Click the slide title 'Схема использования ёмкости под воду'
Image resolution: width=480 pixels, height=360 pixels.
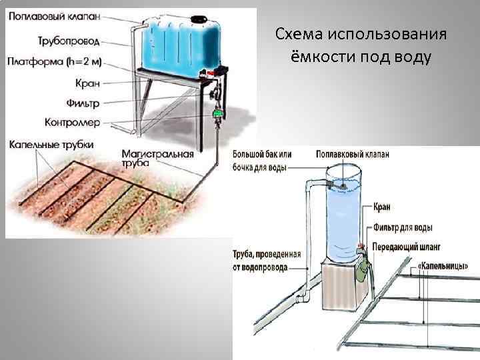(x=361, y=45)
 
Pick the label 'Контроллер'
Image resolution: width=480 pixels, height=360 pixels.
(x=73, y=122)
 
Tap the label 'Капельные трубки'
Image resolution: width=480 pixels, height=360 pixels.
(x=51, y=144)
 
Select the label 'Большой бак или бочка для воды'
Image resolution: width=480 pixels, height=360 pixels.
(x=261, y=161)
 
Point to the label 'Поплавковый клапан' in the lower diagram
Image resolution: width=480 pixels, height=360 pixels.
(x=353, y=153)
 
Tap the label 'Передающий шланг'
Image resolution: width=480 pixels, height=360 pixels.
(x=407, y=245)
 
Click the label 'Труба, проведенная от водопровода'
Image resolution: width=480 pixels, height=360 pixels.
(x=267, y=261)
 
